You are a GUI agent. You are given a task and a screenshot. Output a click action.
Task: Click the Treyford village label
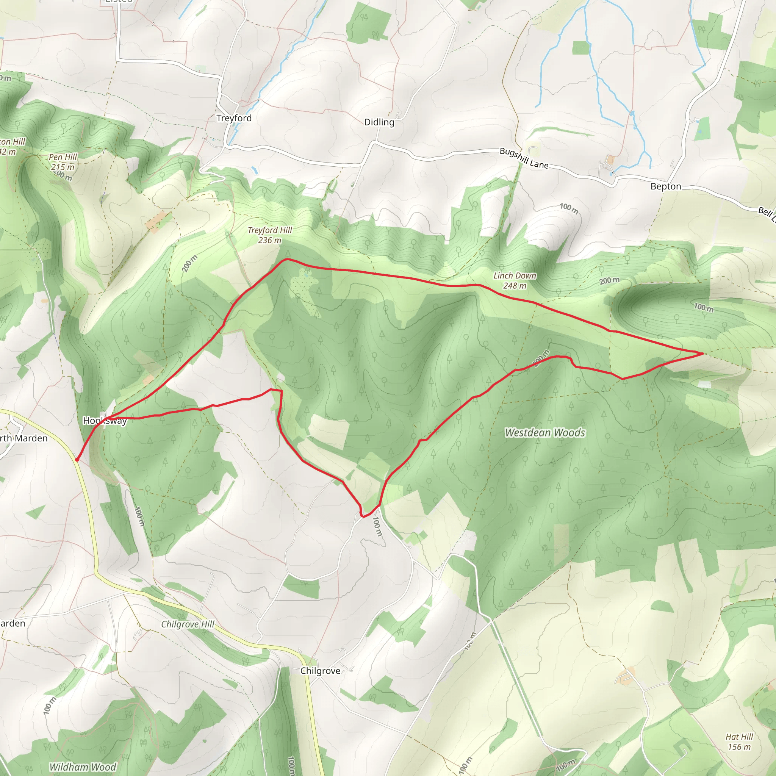[x=234, y=118]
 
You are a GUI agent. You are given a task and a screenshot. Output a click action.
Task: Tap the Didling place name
[x=379, y=122]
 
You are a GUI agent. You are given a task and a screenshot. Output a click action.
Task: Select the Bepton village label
[x=665, y=186]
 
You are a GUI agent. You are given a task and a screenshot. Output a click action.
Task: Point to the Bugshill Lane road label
[x=524, y=158]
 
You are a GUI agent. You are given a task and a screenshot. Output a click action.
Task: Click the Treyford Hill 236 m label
[x=269, y=235]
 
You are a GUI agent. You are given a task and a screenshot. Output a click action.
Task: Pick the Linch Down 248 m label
[x=515, y=280]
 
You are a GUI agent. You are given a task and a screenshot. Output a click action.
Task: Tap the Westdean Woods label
[x=544, y=433]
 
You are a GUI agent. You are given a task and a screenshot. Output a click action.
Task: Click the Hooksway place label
[x=105, y=421]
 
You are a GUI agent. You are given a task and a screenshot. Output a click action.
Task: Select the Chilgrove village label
[x=320, y=671]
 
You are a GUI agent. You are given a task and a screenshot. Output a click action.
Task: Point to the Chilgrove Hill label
[x=188, y=624]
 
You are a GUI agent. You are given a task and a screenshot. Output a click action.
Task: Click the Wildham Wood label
[x=82, y=767]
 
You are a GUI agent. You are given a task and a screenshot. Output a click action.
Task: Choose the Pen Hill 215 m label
[x=63, y=162]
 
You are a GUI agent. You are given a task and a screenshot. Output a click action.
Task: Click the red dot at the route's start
[x=77, y=460]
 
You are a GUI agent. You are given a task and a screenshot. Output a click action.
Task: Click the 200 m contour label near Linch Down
[x=609, y=280]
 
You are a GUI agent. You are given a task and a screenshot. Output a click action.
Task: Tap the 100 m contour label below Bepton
[x=569, y=208]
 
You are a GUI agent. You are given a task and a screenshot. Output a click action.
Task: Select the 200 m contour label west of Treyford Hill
[x=189, y=263]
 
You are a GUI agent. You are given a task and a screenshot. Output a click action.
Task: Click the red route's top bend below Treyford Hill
[x=286, y=259]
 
